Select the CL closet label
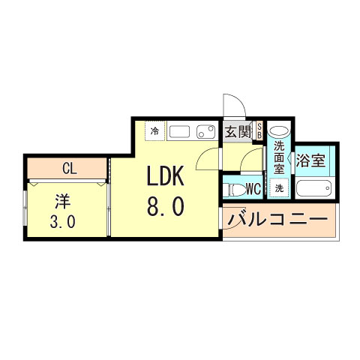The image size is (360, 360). pos(68,169)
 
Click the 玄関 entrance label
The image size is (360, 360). pos(238,132)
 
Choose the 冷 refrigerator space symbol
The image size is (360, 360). pos(155,131)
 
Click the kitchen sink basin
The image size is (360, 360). pos(180,133)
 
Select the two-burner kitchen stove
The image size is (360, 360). pos(205,133)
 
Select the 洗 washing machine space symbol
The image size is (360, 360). pos(279,187)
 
